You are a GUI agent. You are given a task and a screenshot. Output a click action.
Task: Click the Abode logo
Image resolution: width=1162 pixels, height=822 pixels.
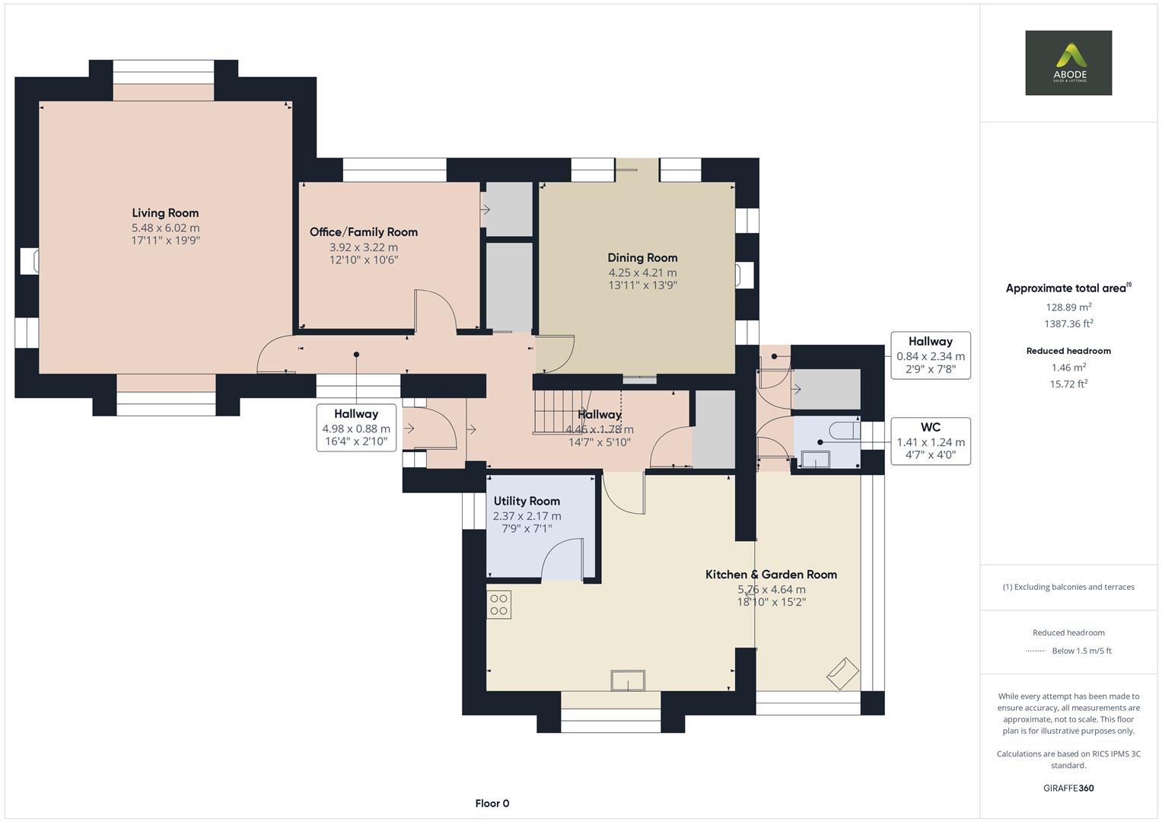(1068, 62)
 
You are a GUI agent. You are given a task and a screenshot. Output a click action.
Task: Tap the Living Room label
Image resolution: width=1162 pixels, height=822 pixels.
(165, 213)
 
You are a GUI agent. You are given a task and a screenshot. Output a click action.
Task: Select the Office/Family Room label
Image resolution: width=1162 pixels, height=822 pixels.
(363, 232)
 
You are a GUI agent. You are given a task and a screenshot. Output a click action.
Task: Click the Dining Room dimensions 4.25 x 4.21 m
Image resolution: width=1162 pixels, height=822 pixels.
(642, 272)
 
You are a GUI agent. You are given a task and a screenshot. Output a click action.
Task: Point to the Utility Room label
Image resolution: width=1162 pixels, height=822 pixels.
(527, 501)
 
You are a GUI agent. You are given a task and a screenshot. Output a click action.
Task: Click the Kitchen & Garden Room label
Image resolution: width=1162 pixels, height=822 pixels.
(771, 575)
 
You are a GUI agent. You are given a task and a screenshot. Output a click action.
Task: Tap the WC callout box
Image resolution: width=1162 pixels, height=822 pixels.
(930, 441)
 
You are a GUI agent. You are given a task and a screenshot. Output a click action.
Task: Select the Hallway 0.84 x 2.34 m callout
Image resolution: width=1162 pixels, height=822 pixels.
(930, 355)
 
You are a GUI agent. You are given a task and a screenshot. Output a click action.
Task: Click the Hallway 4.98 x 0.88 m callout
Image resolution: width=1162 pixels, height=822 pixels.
(355, 428)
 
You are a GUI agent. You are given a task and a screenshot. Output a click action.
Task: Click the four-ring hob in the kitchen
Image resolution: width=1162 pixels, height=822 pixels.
(499, 604)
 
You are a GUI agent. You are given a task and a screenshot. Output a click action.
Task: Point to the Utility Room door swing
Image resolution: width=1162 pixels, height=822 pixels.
(562, 561)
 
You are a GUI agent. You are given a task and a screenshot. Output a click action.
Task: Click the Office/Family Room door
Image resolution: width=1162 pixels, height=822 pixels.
(435, 311)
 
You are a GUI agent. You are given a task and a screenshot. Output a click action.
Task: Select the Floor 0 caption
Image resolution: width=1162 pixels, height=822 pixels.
(492, 803)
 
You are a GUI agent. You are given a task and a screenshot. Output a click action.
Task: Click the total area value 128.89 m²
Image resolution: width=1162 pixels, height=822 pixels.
(1068, 307)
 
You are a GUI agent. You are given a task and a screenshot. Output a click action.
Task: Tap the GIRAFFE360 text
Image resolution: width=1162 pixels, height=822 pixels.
(1068, 788)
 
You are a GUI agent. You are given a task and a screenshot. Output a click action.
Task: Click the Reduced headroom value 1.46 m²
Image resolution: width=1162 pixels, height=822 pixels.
(1068, 368)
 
